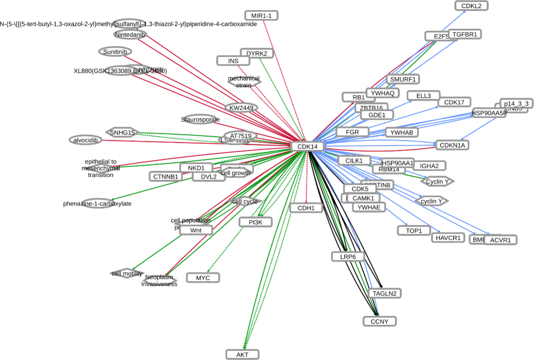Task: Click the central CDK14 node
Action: (x=307, y=147)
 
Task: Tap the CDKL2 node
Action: (x=471, y=6)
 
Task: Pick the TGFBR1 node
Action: (x=465, y=34)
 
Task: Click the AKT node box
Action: (x=242, y=355)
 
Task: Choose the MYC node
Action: (x=203, y=278)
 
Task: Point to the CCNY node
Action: (x=379, y=321)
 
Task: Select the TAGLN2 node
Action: (x=385, y=293)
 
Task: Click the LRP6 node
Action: (x=348, y=256)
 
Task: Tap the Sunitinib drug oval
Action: (x=115, y=52)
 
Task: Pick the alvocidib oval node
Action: (x=85, y=140)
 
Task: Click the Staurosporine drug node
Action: (x=200, y=119)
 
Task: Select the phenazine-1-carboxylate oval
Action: (x=97, y=203)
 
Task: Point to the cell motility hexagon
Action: (x=127, y=274)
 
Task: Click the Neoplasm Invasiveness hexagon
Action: (x=160, y=280)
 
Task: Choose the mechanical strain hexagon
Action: (x=244, y=81)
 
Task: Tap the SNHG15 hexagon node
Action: (x=122, y=132)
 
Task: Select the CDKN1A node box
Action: (x=452, y=145)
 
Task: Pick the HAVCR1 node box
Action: (x=448, y=238)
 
